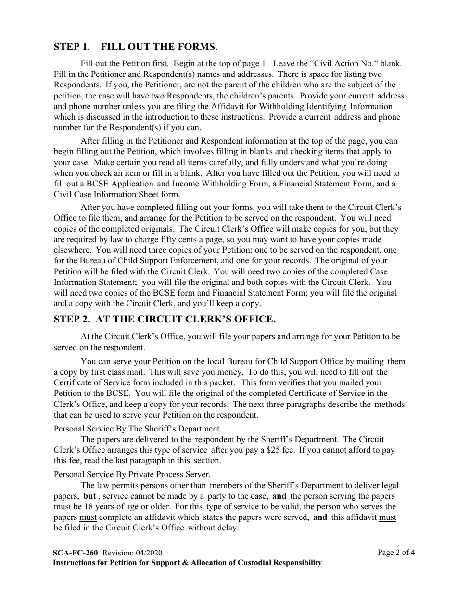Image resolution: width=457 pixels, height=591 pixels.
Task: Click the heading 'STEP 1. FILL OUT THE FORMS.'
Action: coord(136,47)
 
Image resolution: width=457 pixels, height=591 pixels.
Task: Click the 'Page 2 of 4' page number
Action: coord(396,552)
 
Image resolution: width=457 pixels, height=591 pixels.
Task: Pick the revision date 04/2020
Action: coord(153,553)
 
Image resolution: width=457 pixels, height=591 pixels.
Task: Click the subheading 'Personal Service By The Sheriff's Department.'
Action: coord(138,429)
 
